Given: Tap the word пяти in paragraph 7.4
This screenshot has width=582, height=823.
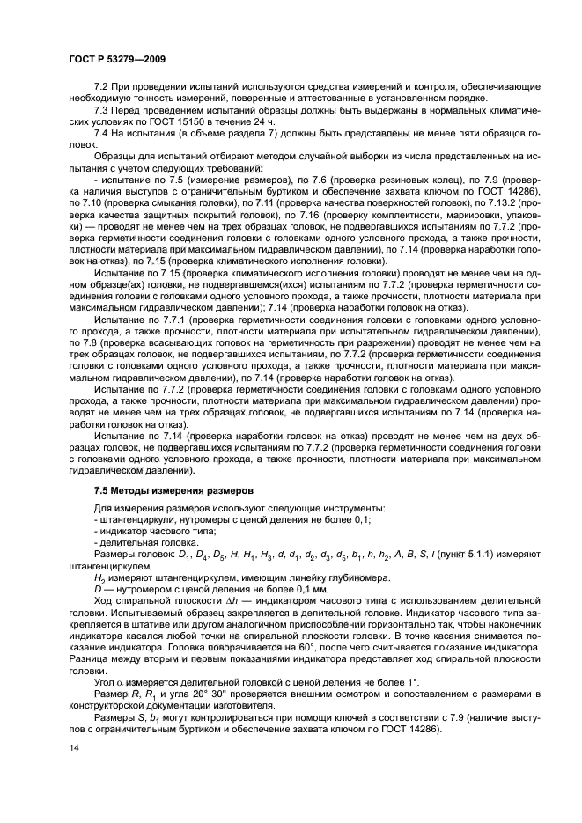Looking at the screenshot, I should pyautogui.click(x=455, y=131).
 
